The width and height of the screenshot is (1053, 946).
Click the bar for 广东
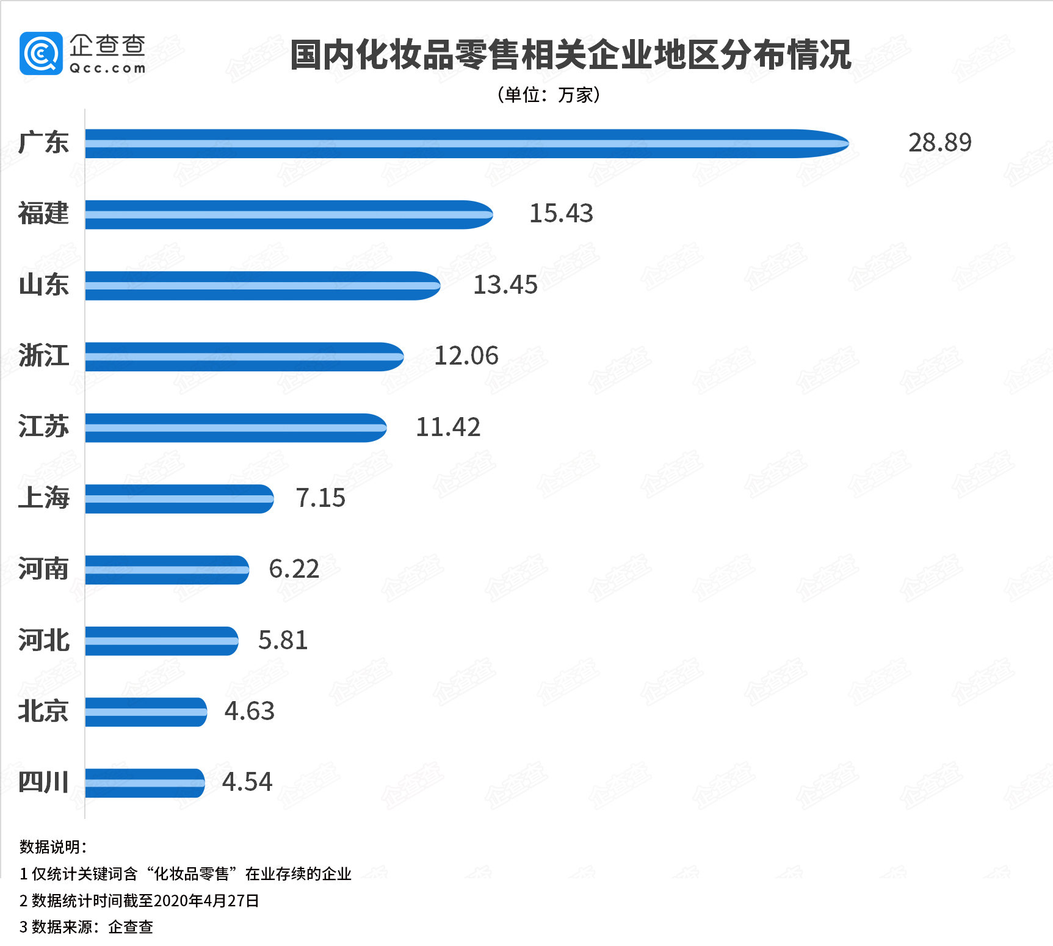467,144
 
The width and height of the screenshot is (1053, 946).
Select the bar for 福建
289,214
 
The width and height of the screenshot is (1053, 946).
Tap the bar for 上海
179,499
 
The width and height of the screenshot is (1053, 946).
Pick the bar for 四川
145,783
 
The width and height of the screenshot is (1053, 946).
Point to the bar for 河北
162,641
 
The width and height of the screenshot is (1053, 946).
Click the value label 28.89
939,143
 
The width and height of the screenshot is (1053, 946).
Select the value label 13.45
505,285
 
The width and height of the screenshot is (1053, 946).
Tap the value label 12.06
466,356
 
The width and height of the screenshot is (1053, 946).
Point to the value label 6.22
294,569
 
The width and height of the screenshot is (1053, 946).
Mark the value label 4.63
249,711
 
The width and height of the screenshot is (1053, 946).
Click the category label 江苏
43,427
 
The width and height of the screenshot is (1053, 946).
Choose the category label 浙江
43,356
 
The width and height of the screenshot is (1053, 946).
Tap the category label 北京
43,711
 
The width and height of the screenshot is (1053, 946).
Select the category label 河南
43,569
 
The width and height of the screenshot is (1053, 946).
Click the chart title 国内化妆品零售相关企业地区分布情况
570,55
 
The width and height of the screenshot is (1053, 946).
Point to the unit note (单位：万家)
549,95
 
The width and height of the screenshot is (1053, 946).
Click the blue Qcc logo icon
41,53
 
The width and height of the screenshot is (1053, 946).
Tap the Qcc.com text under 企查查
107,68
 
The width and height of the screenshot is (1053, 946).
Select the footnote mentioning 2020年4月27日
140,901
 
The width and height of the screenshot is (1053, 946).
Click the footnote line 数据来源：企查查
86,927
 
